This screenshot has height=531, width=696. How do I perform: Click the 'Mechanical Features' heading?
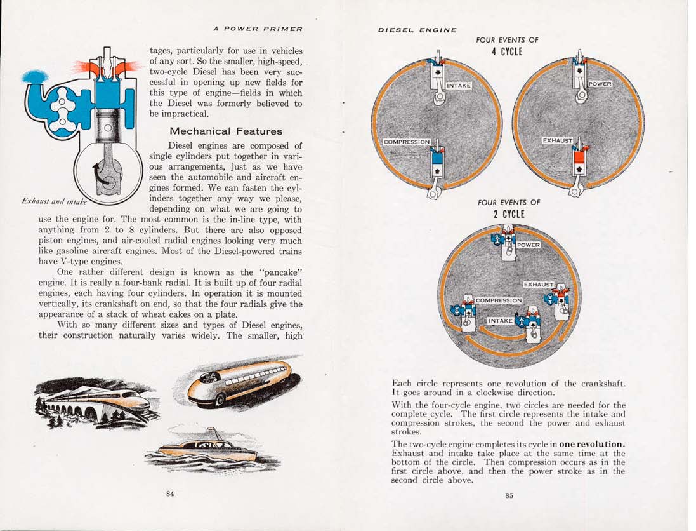tap(226, 131)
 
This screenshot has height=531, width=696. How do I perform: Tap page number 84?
tap(170, 495)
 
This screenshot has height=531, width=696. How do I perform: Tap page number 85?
tap(509, 496)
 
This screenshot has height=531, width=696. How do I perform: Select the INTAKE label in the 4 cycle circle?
tap(459, 86)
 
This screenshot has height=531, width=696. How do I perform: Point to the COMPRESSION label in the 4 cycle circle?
tap(407, 142)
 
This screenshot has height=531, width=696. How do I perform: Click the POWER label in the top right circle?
tap(600, 84)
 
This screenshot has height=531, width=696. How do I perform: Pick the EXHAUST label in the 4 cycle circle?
tap(558, 140)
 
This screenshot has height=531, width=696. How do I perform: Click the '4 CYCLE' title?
tap(507, 51)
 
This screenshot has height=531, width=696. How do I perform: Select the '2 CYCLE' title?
tap(509, 214)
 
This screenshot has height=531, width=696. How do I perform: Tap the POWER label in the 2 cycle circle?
tap(528, 245)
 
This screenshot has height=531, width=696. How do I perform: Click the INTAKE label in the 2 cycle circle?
tap(500, 321)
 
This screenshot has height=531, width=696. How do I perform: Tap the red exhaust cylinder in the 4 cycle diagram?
tap(579, 163)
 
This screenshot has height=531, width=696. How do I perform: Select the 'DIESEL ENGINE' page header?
tap(417, 30)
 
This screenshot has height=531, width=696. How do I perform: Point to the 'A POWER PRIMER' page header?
tap(258, 29)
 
